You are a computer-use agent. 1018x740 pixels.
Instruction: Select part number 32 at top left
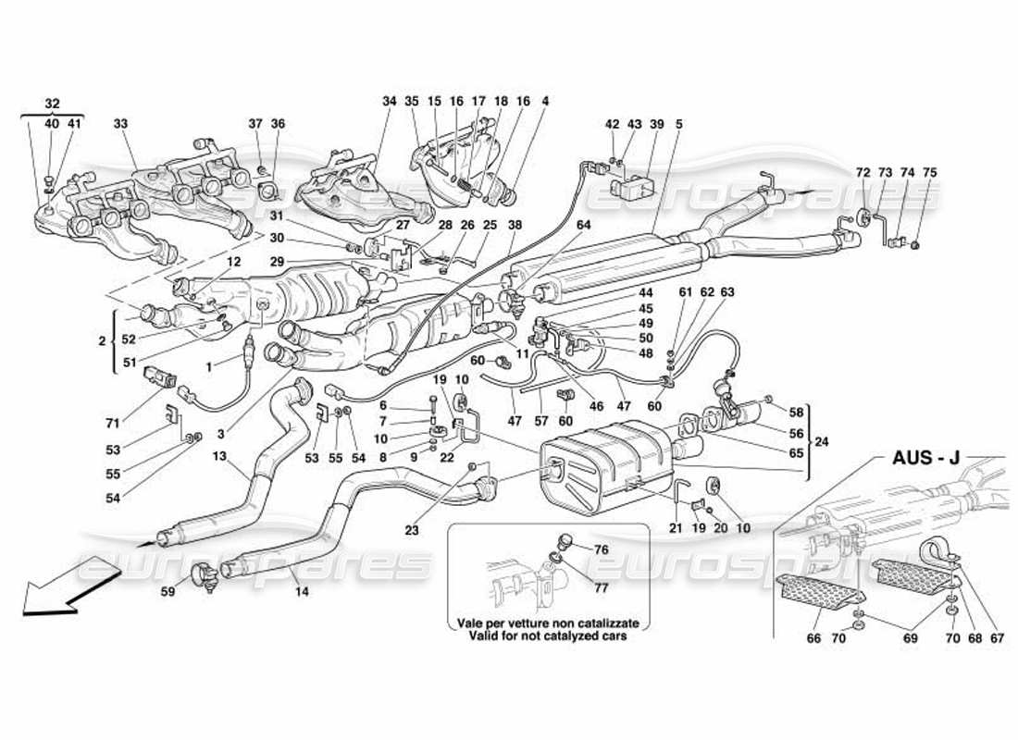pos(52,105)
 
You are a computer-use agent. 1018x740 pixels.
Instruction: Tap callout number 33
pos(121,123)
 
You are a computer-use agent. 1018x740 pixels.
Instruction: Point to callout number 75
pos(930,172)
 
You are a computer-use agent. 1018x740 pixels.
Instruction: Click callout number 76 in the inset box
pos(602,549)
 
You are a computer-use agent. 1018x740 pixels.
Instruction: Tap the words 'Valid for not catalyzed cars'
pos(548,635)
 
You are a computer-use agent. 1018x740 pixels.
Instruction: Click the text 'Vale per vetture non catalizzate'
pos(548,623)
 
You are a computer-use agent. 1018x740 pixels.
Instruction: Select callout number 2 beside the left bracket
pos(103,341)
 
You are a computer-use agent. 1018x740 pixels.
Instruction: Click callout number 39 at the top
pos(657,123)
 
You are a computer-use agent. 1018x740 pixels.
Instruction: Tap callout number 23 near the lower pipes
pos(411,531)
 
